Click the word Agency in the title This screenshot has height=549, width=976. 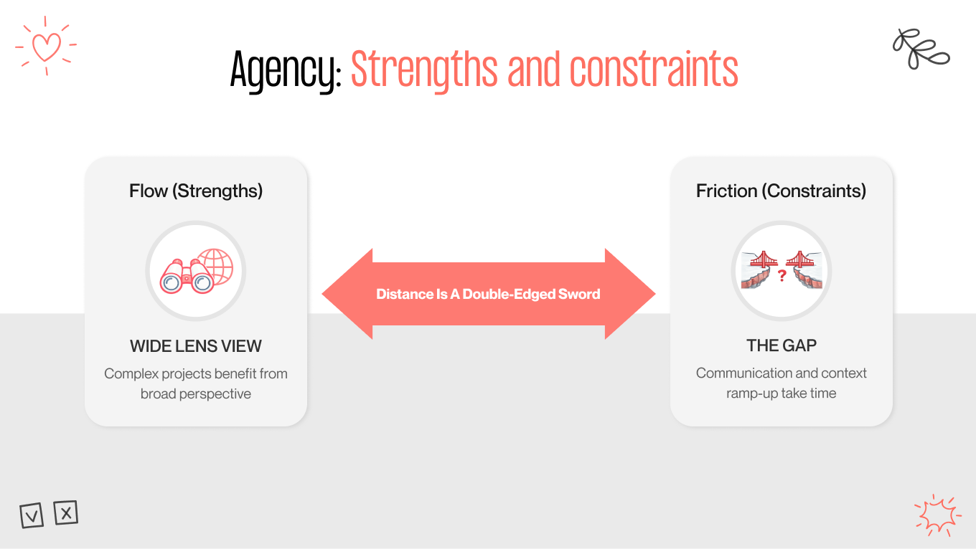pyautogui.click(x=284, y=70)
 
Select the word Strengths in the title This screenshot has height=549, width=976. pyautogui.click(x=423, y=70)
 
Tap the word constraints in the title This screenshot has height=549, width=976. pyautogui.click(x=654, y=70)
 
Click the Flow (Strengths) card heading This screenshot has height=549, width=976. pyautogui.click(x=196, y=191)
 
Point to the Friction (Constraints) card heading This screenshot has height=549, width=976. pyautogui.click(x=781, y=191)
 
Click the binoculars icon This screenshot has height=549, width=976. pyautogui.click(x=185, y=276)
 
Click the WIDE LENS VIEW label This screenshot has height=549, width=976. pyautogui.click(x=196, y=346)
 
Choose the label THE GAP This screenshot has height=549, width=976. pyautogui.click(x=782, y=345)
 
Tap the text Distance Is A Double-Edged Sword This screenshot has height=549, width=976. pyautogui.click(x=488, y=294)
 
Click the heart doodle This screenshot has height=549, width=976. pyautogui.click(x=47, y=46)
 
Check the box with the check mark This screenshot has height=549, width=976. pyautogui.click(x=32, y=515)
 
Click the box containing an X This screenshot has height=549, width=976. pyautogui.click(x=66, y=512)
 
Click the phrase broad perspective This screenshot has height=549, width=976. pyautogui.click(x=196, y=393)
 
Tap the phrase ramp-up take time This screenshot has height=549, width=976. pyautogui.click(x=781, y=393)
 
